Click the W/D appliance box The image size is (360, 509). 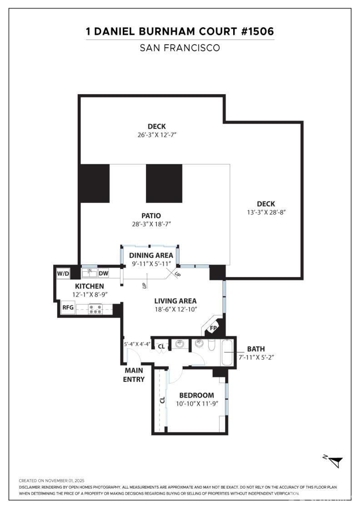(x=63, y=274)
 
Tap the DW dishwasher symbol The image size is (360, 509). (x=103, y=273)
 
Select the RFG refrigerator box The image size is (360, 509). (x=68, y=308)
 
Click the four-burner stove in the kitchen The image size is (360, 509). (x=96, y=309)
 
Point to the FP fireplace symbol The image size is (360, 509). (x=213, y=328)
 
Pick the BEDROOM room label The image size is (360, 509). (x=196, y=395)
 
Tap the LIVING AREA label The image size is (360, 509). (x=175, y=301)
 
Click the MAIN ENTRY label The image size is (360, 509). (x=134, y=375)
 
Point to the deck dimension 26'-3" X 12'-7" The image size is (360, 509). (x=156, y=135)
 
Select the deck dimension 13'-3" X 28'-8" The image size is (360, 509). (x=265, y=212)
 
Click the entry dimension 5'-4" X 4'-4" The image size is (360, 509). (x=137, y=344)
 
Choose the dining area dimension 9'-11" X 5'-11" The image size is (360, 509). (x=150, y=264)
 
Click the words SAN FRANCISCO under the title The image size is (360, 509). (x=180, y=48)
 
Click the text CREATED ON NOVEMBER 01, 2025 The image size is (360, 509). (x=51, y=480)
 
